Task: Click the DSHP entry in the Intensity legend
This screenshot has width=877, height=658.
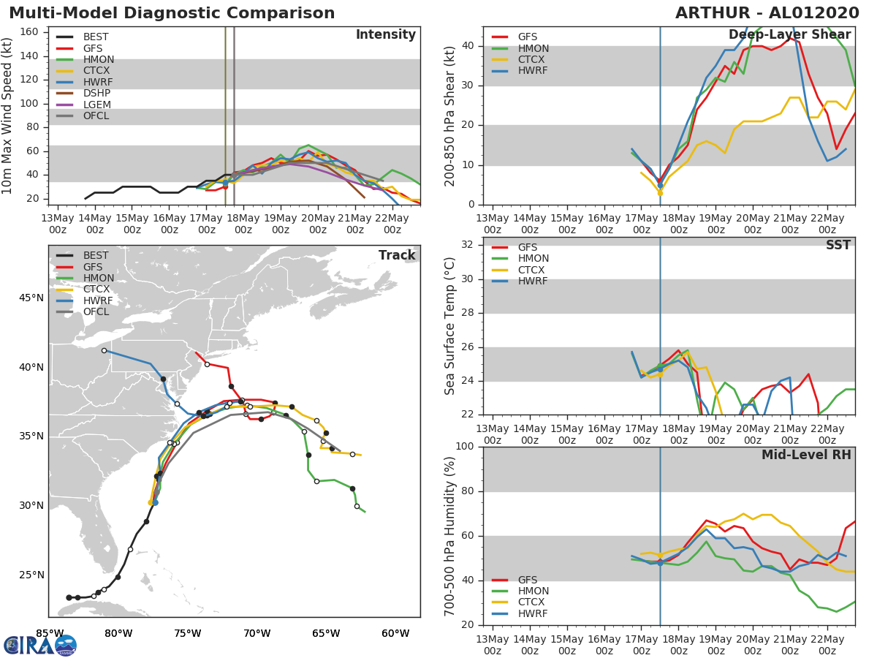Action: [x=83, y=93]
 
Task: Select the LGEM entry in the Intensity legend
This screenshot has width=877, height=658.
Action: [x=83, y=105]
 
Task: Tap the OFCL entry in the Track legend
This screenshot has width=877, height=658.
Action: [x=83, y=311]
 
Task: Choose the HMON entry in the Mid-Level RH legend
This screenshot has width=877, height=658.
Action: [x=520, y=591]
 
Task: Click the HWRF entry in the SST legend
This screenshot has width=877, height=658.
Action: [x=519, y=281]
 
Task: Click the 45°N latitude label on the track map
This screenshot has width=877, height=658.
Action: [x=31, y=298]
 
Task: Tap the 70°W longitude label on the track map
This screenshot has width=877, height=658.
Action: [x=257, y=633]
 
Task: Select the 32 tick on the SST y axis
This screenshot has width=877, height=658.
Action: [x=468, y=244]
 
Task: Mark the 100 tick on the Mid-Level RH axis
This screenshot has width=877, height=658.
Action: [x=465, y=446]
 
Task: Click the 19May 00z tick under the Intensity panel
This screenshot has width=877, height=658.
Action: [x=281, y=224]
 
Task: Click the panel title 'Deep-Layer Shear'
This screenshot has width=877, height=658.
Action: [x=790, y=35]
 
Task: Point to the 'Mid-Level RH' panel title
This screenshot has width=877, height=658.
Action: [x=806, y=455]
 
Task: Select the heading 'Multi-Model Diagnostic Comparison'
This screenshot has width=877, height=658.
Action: [x=172, y=13]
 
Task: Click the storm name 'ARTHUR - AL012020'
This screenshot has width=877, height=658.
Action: [x=767, y=13]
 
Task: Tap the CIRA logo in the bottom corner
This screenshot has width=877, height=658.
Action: [x=40, y=645]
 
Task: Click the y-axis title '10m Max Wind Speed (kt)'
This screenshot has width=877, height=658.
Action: [x=7, y=116]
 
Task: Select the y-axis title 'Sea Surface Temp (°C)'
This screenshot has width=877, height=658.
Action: [x=449, y=326]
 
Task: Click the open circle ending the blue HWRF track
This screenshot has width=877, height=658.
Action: [x=105, y=351]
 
